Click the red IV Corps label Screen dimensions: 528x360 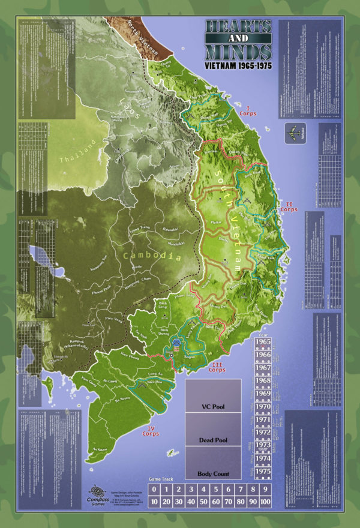[151, 430]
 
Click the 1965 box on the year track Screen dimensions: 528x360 [263, 343]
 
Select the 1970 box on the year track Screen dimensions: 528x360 [263, 406]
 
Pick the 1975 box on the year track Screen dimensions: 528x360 [263, 472]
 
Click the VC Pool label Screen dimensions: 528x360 [213, 406]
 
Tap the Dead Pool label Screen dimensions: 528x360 [213, 440]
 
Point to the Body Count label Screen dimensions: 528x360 [213, 473]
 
